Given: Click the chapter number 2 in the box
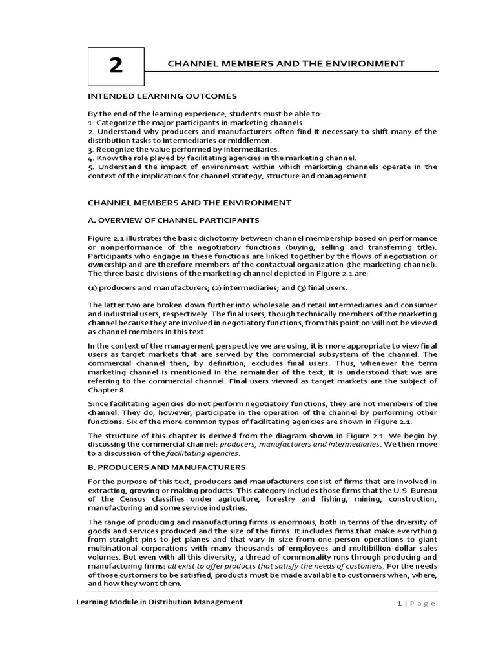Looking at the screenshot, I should (116, 65).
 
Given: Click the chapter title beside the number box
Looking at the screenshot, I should (286, 63).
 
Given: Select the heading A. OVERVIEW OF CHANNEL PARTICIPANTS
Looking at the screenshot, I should (173, 220).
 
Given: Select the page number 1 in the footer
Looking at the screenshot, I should (399, 604).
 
